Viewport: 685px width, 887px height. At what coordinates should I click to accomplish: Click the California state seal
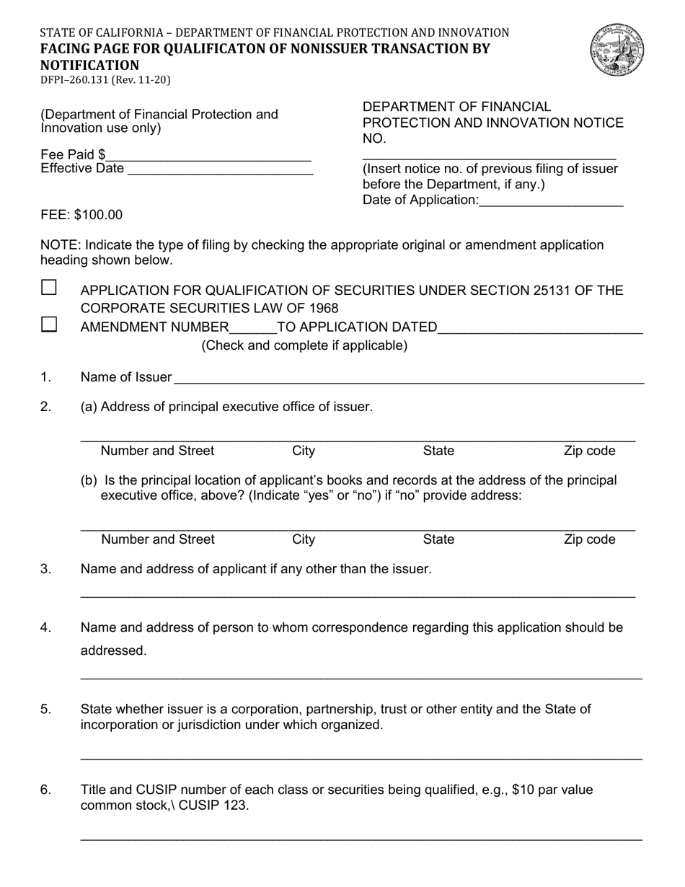point(616,48)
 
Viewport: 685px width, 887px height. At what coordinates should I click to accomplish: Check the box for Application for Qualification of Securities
point(49,288)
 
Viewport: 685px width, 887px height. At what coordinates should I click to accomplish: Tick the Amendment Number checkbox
point(49,324)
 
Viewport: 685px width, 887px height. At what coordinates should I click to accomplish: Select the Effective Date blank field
point(220,170)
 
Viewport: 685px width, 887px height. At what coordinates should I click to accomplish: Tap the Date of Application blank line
point(551,202)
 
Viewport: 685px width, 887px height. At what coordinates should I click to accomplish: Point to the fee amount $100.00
point(98,215)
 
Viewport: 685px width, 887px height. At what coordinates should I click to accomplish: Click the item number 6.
point(46,790)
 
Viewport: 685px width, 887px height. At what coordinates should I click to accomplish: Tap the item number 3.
point(46,569)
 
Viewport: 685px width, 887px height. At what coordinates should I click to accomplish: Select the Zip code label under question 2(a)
point(590,451)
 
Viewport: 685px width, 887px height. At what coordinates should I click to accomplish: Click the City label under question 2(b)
point(304,539)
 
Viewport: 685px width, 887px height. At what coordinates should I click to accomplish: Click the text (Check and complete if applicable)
point(304,345)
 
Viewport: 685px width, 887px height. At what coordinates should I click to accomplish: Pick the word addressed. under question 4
point(113,650)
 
